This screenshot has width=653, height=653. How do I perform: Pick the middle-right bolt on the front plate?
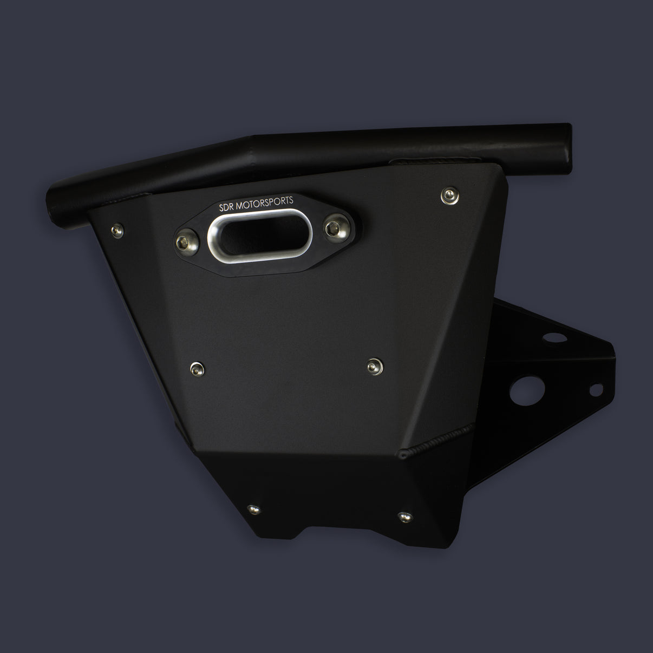click(x=373, y=366)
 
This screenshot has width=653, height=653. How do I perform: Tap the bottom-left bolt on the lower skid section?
click(x=252, y=508)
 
